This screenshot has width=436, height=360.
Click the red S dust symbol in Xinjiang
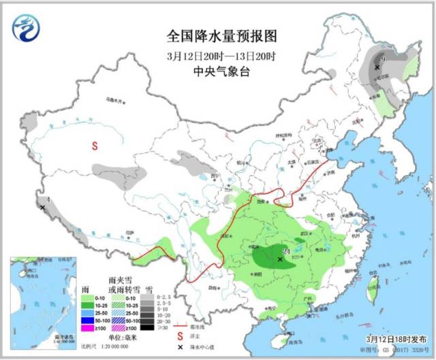[95, 145]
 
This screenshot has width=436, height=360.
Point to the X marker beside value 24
[280, 259]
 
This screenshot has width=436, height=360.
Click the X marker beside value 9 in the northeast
[377, 67]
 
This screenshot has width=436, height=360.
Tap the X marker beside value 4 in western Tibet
[43, 207]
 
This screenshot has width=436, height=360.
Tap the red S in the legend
[180, 316]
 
